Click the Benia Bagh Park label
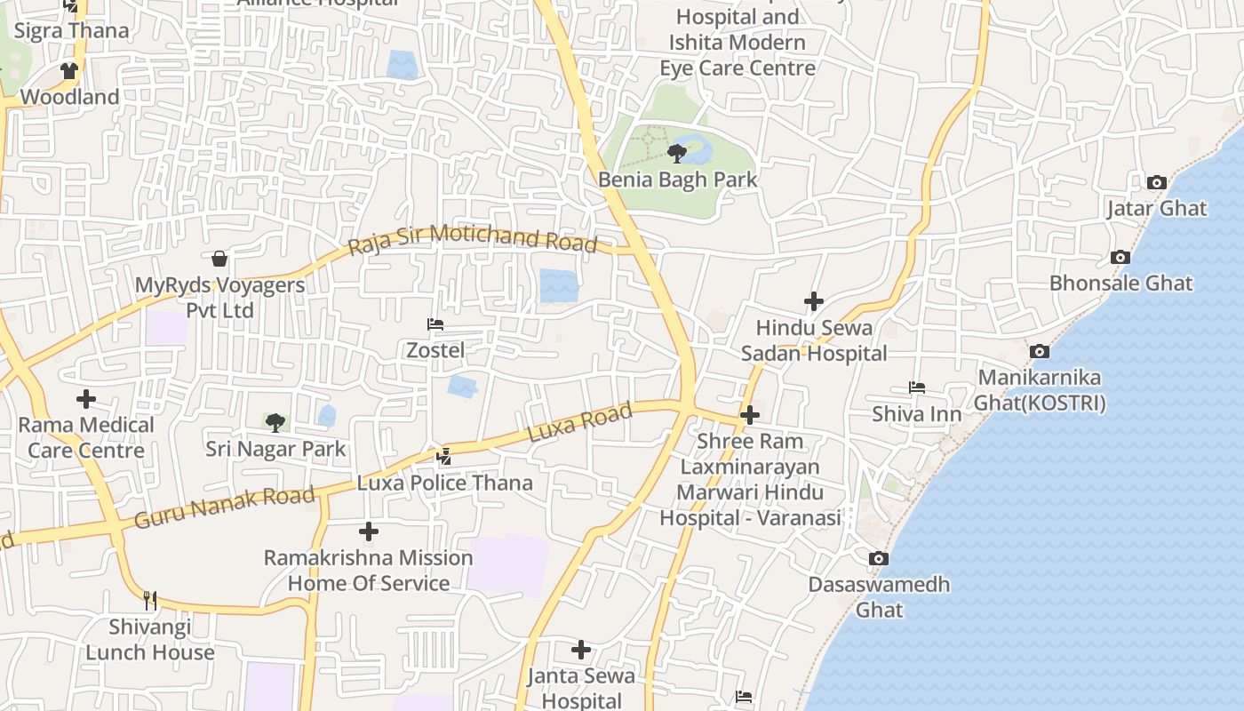tap(677, 180)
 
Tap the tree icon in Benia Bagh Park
tap(677, 154)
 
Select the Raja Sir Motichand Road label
tap(472, 239)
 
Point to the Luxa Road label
tap(580, 423)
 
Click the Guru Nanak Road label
tap(225, 507)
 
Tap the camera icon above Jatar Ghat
tap(1156, 183)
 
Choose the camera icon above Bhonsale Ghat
tap(1120, 258)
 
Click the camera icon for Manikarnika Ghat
tap(1039, 352)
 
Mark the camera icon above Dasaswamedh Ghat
tap(878, 559)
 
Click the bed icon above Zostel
tap(435, 324)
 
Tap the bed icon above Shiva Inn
tap(917, 387)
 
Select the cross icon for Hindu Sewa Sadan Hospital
tap(813, 302)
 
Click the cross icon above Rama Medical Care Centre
tap(86, 399)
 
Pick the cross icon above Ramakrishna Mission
tap(368, 532)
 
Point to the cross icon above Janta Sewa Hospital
tap(581, 650)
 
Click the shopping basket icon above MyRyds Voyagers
tap(219, 259)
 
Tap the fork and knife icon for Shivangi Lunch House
tap(150, 601)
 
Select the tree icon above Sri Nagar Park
tap(275, 422)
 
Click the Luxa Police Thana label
tap(445, 483)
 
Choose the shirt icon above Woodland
tap(69, 71)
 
